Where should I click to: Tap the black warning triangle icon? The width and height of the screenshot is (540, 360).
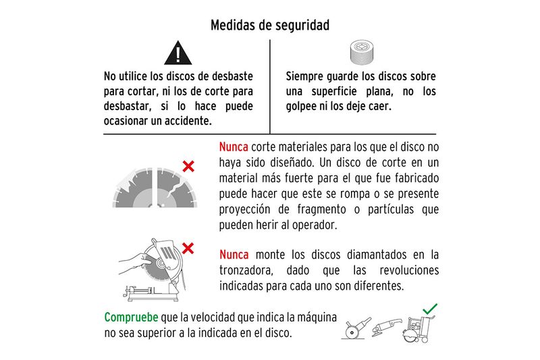pyautogui.click(x=178, y=53)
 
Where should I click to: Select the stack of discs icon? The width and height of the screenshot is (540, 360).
pyautogui.click(x=362, y=53)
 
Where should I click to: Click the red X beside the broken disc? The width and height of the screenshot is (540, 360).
pyautogui.click(x=188, y=166)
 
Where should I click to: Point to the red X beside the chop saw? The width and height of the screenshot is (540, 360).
pyautogui.click(x=188, y=249)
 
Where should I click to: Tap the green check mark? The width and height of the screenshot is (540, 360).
pyautogui.click(x=430, y=309)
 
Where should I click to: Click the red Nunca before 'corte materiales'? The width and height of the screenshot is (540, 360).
pyautogui.click(x=234, y=147)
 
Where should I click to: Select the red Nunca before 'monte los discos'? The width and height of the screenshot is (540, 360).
pyautogui.click(x=234, y=255)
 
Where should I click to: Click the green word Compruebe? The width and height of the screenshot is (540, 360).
pyautogui.click(x=131, y=317)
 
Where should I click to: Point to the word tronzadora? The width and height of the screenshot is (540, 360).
pyautogui.click(x=246, y=270)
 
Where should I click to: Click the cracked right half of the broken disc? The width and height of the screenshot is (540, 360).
pyautogui.click(x=176, y=188)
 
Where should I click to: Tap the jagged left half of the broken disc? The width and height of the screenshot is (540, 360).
pyautogui.click(x=132, y=188)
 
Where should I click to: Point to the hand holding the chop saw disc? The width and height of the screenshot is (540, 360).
pyautogui.click(x=135, y=263)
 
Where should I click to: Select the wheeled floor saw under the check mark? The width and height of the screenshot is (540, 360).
pyautogui.click(x=418, y=329)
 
